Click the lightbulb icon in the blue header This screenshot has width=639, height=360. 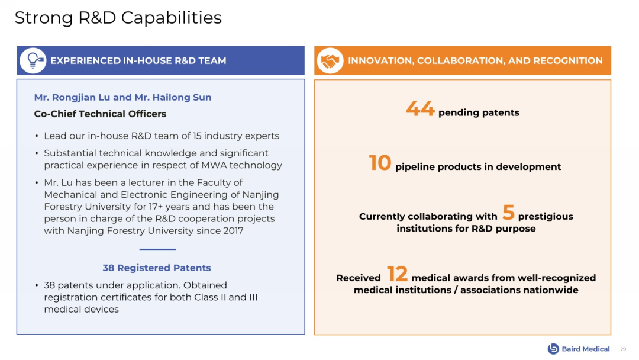click(33, 61)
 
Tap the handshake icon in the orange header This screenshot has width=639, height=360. click(330, 61)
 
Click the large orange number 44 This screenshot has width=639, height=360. click(420, 109)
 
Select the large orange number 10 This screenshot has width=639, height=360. click(380, 163)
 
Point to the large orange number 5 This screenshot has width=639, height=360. click(508, 213)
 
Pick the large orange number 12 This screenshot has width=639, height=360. click(397, 274)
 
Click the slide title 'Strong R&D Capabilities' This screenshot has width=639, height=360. click(118, 18)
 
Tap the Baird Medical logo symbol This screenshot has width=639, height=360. click(553, 349)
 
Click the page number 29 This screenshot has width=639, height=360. click(623, 349)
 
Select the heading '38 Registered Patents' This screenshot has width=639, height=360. click(157, 268)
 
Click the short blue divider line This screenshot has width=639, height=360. click(157, 249)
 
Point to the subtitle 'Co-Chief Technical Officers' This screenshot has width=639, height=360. click(100, 114)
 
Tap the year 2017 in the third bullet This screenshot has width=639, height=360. click(233, 231)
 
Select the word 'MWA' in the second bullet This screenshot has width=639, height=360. click(214, 165)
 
